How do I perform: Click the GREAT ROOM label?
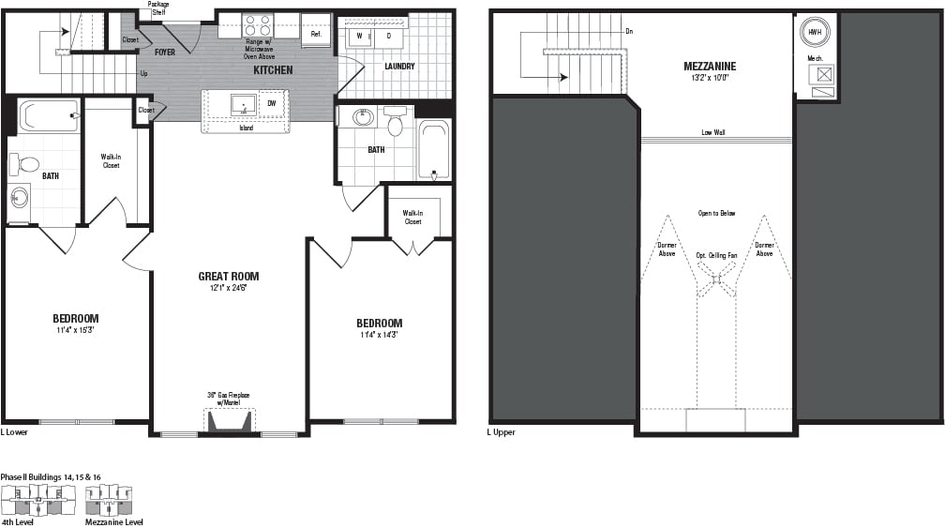(x=228, y=276)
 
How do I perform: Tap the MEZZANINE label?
(x=709, y=66)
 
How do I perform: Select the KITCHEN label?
(x=272, y=70)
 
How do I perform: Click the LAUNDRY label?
(x=399, y=67)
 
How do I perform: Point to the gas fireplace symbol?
(x=230, y=421)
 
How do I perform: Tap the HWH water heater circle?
(x=812, y=32)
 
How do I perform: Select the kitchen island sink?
(x=243, y=103)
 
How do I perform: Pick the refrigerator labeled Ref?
(x=316, y=31)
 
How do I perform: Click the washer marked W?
(x=359, y=37)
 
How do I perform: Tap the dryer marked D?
(x=388, y=37)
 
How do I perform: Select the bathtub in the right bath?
(x=433, y=149)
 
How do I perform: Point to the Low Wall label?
(x=712, y=132)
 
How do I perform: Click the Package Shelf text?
(x=158, y=8)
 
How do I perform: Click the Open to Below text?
(x=715, y=213)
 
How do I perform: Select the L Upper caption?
(x=501, y=432)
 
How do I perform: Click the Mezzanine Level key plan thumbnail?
(x=112, y=501)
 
